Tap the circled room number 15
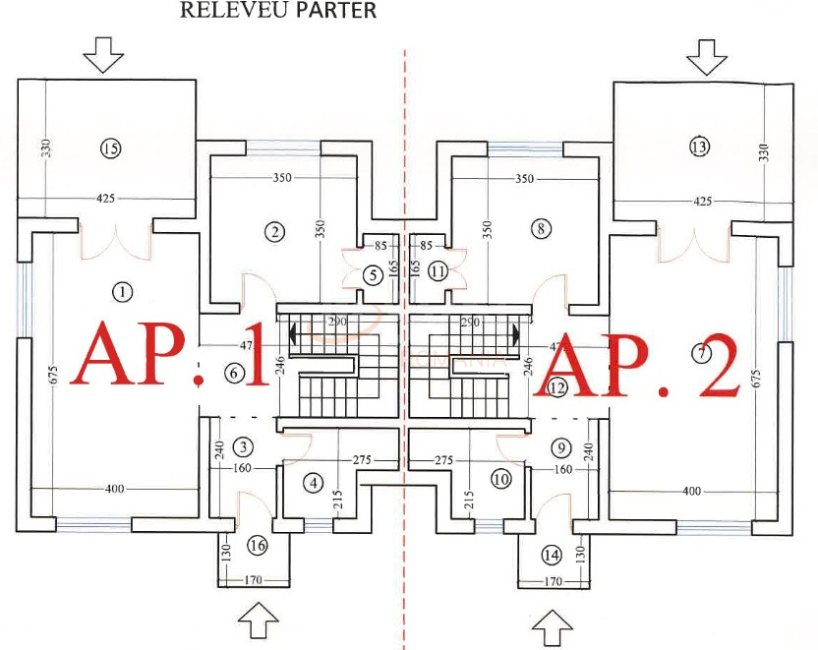click(x=110, y=148)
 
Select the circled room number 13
click(x=699, y=147)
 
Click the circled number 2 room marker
click(x=274, y=232)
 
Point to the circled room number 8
click(x=541, y=228)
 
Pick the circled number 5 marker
click(x=372, y=275)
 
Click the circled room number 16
click(x=258, y=546)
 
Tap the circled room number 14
click(x=551, y=556)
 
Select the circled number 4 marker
click(x=313, y=483)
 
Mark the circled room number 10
click(x=500, y=480)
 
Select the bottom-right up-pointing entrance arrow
click(x=552, y=624)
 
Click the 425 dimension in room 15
click(x=106, y=199)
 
